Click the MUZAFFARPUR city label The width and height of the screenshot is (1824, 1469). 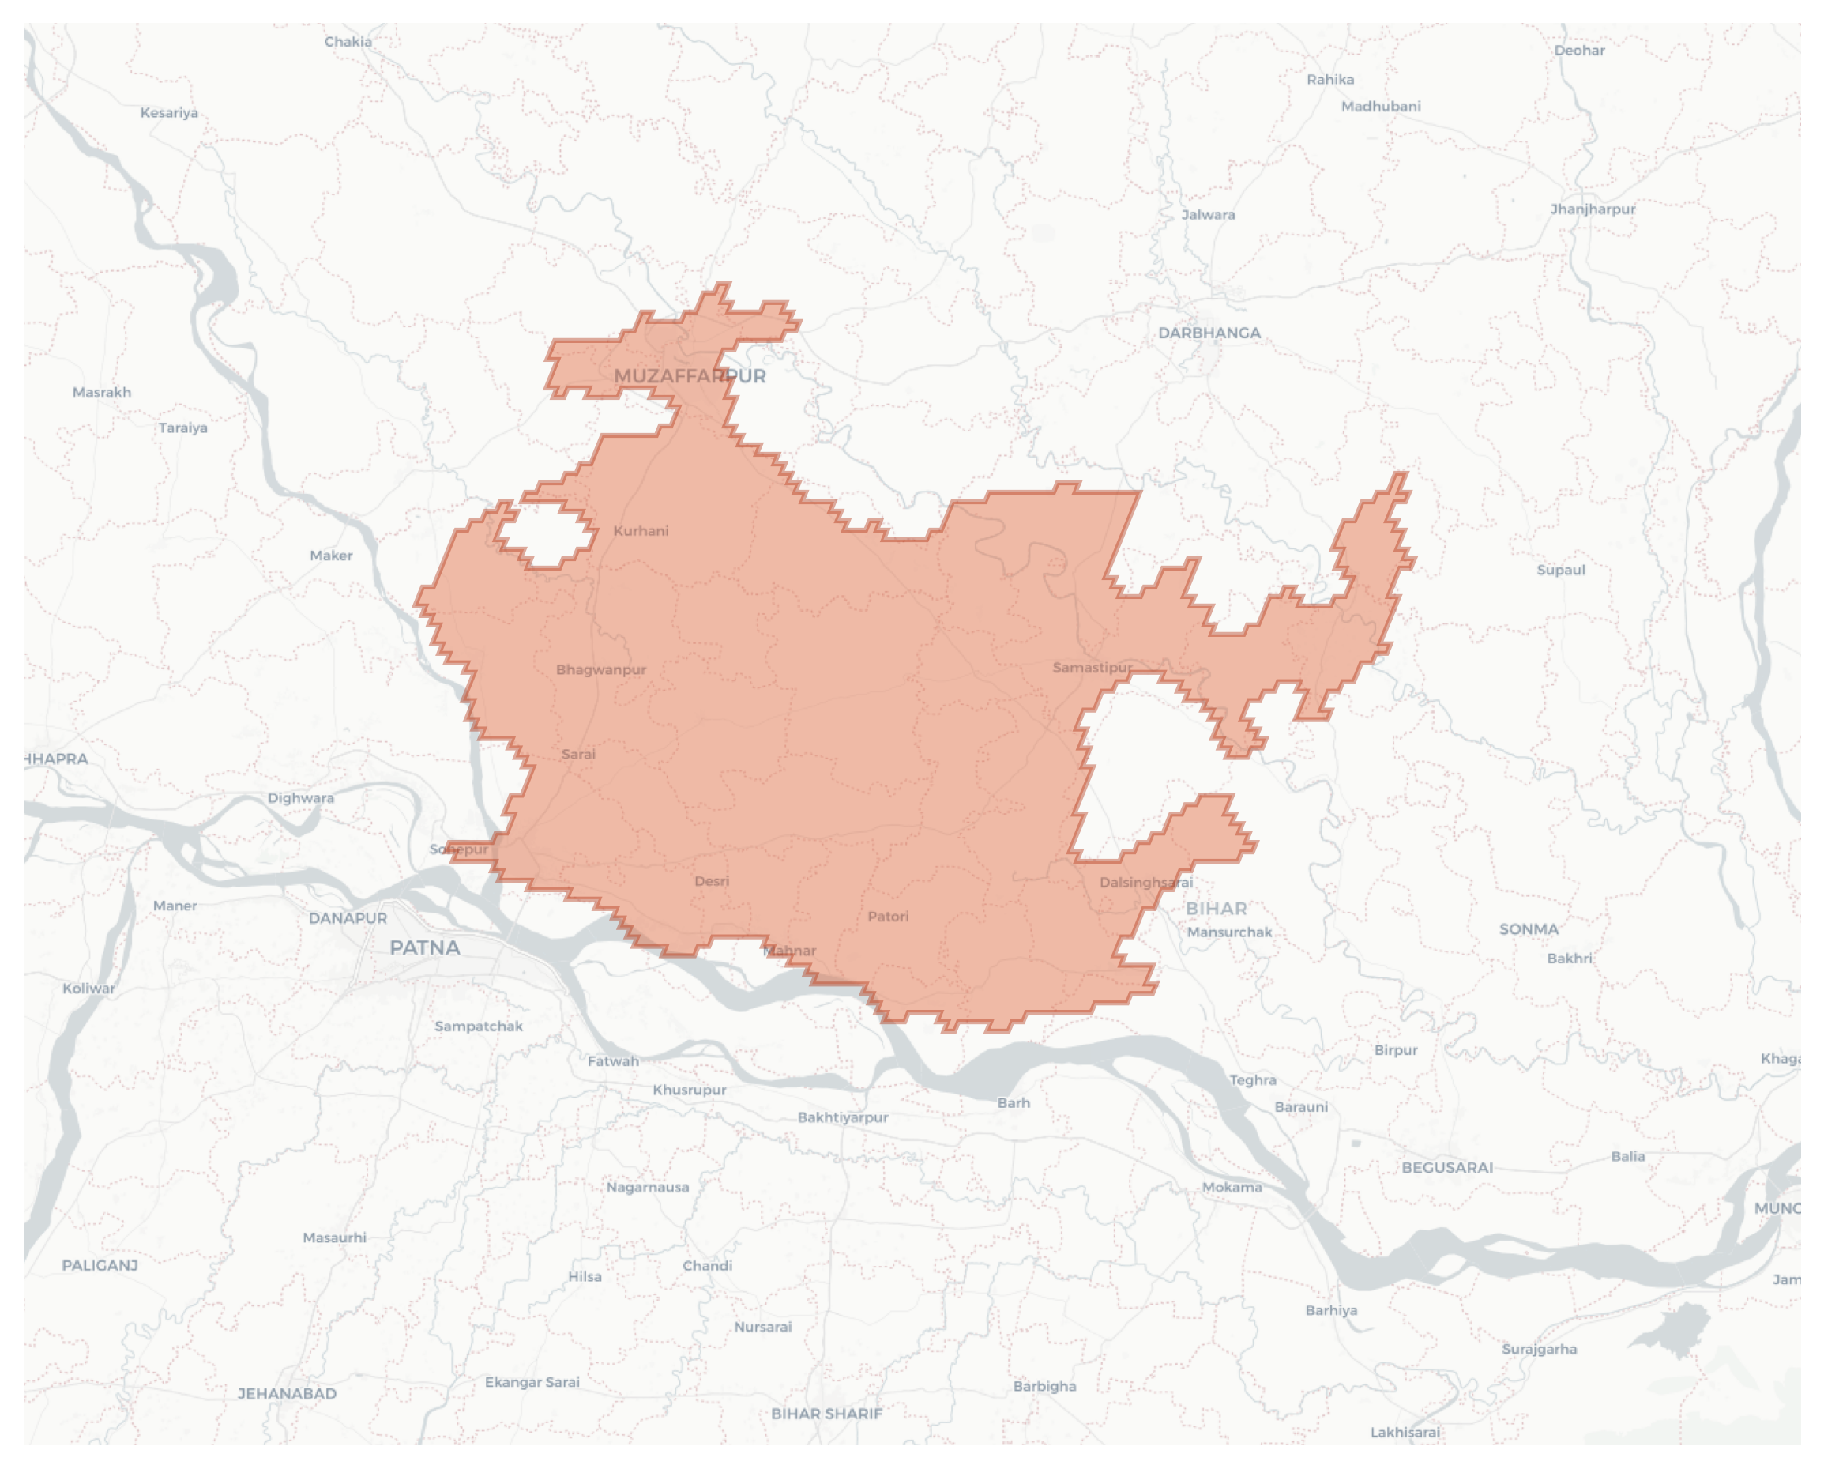point(690,377)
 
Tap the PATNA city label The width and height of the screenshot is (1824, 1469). point(425,947)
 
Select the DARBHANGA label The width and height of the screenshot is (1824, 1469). point(1209,333)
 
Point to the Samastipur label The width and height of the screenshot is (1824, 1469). point(1092,668)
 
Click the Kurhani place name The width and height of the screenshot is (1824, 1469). point(641,531)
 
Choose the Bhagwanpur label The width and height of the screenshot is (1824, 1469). point(600,670)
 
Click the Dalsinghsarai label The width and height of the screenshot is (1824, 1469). point(1145,883)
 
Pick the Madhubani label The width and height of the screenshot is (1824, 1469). point(1381,107)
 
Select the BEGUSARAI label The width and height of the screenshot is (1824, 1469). point(1446,1168)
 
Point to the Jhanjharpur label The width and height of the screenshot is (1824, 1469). point(1593,209)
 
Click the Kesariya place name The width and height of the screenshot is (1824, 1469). point(169,113)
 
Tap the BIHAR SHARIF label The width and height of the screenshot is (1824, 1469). point(826,1413)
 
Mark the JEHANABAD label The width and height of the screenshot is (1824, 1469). point(287,1394)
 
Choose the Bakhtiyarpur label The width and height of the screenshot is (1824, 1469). point(843,1118)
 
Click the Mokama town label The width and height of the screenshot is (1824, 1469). point(1232,1188)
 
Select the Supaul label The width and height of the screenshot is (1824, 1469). point(1560,571)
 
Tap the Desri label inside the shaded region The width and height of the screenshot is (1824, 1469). point(712,882)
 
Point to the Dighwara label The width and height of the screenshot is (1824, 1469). point(300,798)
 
